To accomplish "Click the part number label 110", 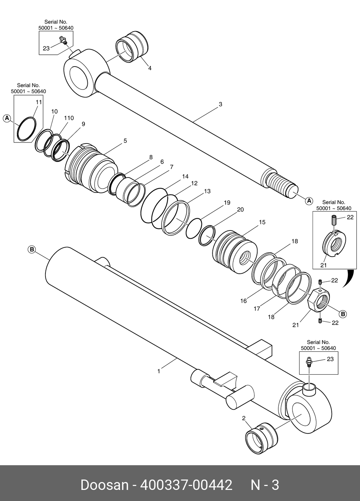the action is (x=69, y=118).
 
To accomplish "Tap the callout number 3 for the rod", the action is (x=221, y=104).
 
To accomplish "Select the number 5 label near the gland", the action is (x=125, y=141).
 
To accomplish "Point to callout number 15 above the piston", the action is (x=262, y=222).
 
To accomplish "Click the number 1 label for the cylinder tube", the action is (x=159, y=371).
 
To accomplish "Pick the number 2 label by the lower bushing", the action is (x=244, y=418).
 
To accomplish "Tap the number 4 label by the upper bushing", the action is (x=150, y=68).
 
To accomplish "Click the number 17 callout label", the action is (x=257, y=308).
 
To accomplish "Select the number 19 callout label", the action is (x=227, y=203).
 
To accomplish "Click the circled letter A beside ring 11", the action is (x=7, y=118).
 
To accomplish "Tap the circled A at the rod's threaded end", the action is (x=309, y=201).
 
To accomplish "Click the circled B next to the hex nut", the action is (x=343, y=314).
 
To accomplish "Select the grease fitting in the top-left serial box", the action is (x=63, y=40).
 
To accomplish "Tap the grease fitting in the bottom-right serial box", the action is (x=309, y=361).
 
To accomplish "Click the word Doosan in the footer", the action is (x=104, y=485).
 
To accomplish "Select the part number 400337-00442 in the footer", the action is (x=186, y=485).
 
